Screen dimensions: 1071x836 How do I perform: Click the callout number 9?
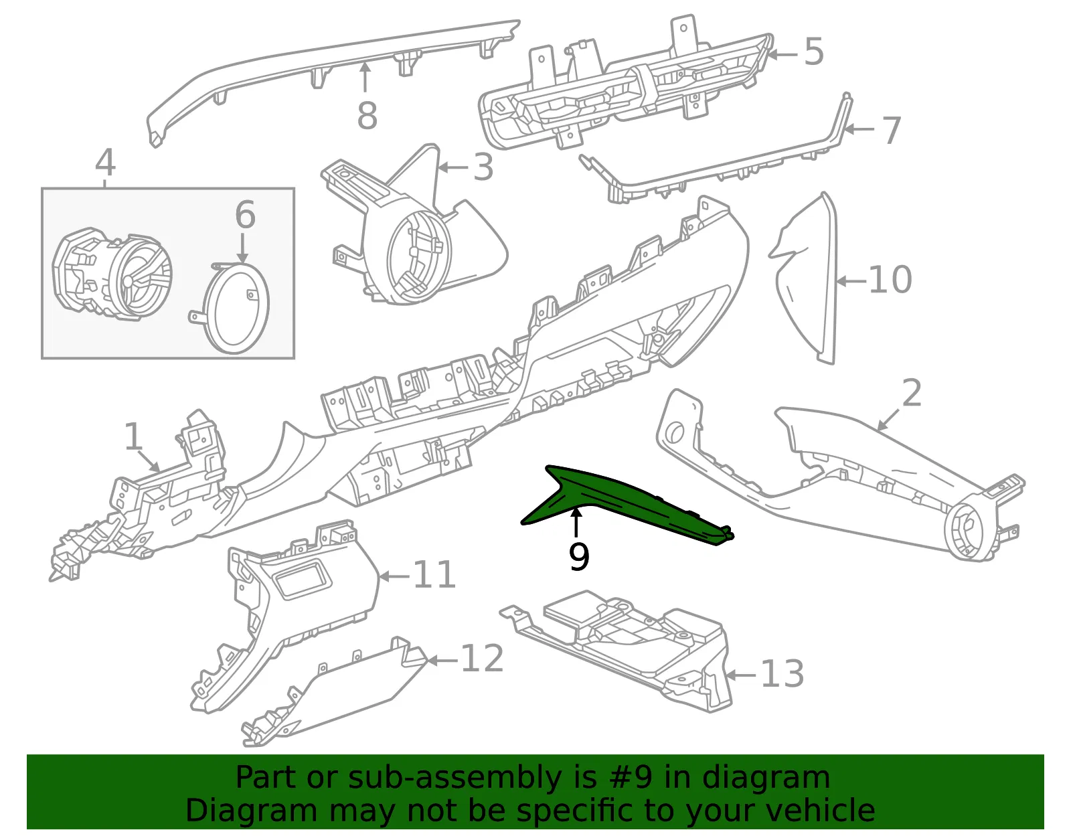pyautogui.click(x=578, y=556)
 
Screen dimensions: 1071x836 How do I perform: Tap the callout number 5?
pyautogui.click(x=813, y=52)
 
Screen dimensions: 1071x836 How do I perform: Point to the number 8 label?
pyautogui.click(x=367, y=116)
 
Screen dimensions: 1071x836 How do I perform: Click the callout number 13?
pyautogui.click(x=782, y=674)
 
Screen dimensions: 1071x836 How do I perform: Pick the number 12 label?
pyautogui.click(x=482, y=658)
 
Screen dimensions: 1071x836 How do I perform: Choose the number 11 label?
pyautogui.click(x=434, y=574)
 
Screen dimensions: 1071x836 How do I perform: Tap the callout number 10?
pyautogui.click(x=890, y=280)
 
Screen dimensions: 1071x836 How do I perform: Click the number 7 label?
pyautogui.click(x=891, y=131)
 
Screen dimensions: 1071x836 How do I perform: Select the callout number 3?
pyautogui.click(x=483, y=167)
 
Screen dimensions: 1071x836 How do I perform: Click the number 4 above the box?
pyautogui.click(x=106, y=163)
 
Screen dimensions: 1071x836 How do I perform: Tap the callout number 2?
pyautogui.click(x=911, y=393)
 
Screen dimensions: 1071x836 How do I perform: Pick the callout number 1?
pyautogui.click(x=133, y=436)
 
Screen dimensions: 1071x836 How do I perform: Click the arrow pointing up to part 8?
pyautogui.click(x=365, y=78)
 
